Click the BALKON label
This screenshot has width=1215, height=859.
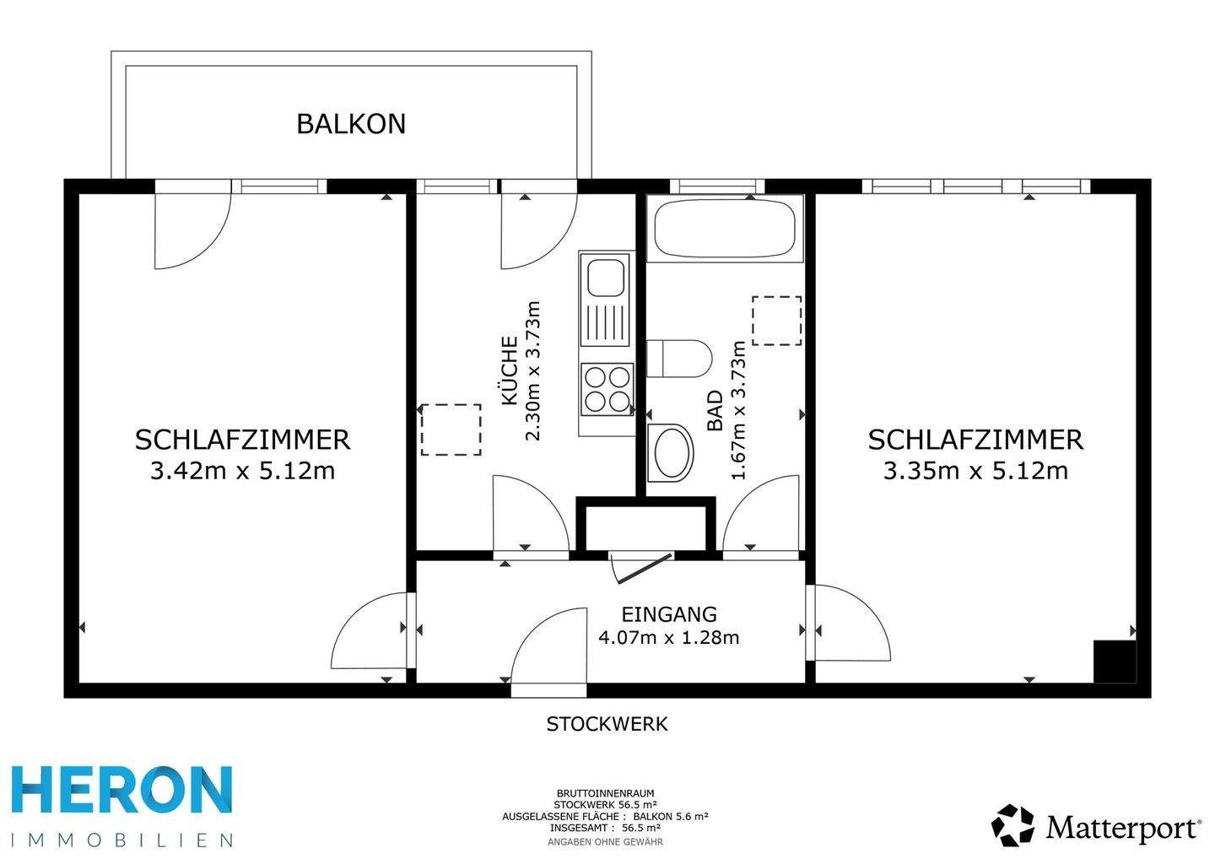coord(351,124)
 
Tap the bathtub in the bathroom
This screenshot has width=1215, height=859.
coord(724,227)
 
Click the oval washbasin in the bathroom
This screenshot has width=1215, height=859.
coord(671,452)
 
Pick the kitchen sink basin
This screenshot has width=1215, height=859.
coord(605,278)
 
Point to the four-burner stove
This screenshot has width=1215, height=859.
coord(607,389)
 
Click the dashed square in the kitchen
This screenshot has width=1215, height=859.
coord(451,430)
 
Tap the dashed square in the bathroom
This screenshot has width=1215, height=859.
coord(776,321)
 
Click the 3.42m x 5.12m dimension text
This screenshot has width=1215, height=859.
coord(242,471)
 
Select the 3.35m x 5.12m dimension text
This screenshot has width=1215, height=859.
coord(975,471)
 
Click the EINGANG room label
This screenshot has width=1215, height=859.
coord(669,614)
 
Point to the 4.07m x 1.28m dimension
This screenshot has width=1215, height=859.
coord(669,637)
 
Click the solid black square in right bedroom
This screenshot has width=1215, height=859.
coord(1114,662)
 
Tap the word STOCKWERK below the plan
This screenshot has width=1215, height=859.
coord(607,724)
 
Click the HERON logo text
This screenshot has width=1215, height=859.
coord(122,791)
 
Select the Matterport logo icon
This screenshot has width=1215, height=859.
coord(1012,825)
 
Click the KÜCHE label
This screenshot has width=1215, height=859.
coord(510,371)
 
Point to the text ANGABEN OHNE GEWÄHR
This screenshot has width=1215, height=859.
coord(605,841)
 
